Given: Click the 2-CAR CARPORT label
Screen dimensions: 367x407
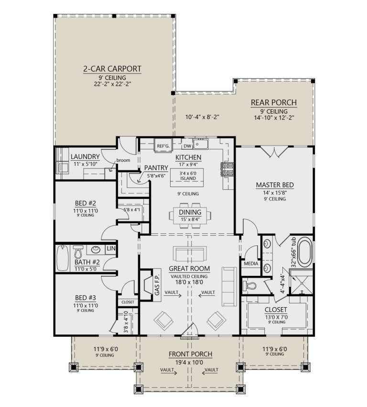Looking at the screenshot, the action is pyautogui.click(x=112, y=69).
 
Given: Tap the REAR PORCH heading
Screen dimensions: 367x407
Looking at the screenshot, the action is pyautogui.click(x=274, y=103).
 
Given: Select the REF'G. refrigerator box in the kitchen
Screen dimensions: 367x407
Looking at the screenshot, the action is pyautogui.click(x=163, y=146).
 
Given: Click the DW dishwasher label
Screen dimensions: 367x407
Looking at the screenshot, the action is pyautogui.click(x=187, y=146).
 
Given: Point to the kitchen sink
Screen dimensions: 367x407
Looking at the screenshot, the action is pyautogui.click(x=201, y=144).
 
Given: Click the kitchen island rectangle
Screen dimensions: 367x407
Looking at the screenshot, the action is pyautogui.click(x=187, y=177).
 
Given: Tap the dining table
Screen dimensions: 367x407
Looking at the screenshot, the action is pyautogui.click(x=190, y=216).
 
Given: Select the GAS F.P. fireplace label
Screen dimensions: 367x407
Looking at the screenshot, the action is pyautogui.click(x=157, y=285).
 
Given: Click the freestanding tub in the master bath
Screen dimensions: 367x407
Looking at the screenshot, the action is pyautogui.click(x=305, y=252).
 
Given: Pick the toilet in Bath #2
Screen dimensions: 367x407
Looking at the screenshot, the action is pyautogui.click(x=78, y=251).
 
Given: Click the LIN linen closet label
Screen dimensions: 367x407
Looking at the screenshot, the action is pyautogui.click(x=111, y=249).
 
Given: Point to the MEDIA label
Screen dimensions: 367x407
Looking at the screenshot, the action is pyautogui.click(x=251, y=264).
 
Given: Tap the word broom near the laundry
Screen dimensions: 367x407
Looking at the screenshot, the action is pyautogui.click(x=123, y=160).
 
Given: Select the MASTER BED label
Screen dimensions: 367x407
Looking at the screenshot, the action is pyautogui.click(x=275, y=185).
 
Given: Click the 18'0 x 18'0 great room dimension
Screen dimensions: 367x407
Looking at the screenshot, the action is pyautogui.click(x=189, y=282).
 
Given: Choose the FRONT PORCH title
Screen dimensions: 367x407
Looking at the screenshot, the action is pyautogui.click(x=191, y=354).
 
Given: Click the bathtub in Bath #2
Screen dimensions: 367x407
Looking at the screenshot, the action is pyautogui.click(x=63, y=258).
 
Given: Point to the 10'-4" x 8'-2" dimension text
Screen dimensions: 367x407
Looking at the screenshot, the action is pyautogui.click(x=202, y=117).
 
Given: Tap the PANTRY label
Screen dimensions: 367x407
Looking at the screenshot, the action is pyautogui.click(x=156, y=167).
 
